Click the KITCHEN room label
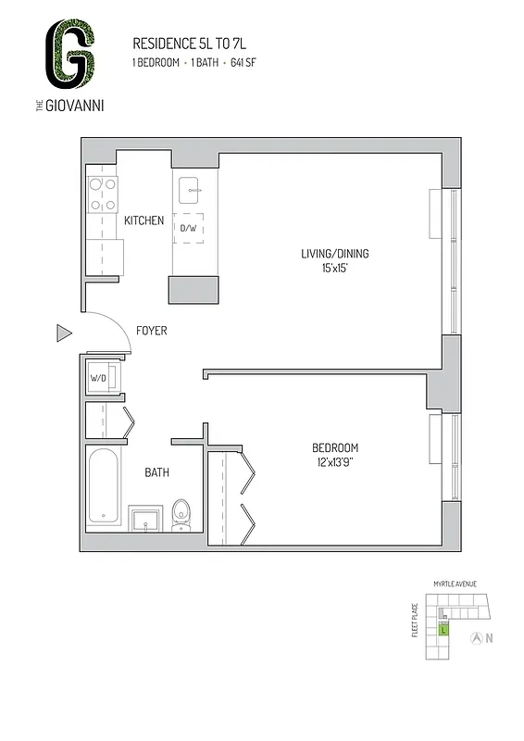143,220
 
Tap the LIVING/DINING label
342,254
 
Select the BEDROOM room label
335,447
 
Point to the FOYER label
151,331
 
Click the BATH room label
156,472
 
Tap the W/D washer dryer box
98,379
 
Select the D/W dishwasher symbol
189,228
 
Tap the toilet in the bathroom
181,514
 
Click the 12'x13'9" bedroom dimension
335,463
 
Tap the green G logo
71,53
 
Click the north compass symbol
476,637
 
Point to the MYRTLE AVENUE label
454,584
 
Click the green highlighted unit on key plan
443,629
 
